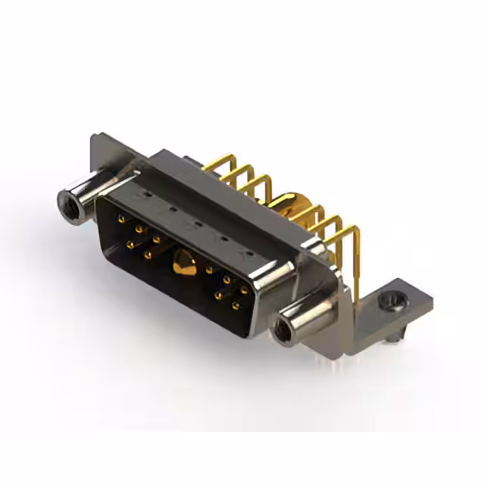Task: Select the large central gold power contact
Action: tap(182, 264)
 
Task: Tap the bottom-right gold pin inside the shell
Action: tap(236, 306)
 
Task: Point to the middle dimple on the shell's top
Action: tap(196, 222)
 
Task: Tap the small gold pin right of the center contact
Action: tap(209, 270)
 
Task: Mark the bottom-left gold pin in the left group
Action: tap(131, 244)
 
